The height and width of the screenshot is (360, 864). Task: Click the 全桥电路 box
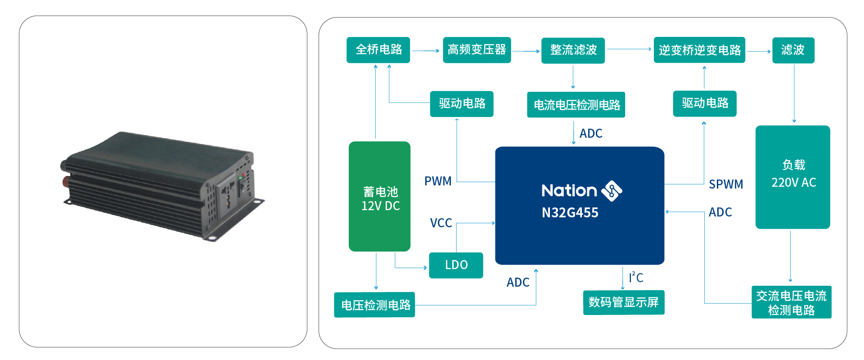[378, 50]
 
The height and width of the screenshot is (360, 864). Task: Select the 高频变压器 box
[477, 50]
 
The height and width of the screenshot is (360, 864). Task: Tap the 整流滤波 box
[573, 50]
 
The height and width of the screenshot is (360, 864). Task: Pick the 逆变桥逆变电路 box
[699, 50]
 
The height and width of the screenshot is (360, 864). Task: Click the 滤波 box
[793, 50]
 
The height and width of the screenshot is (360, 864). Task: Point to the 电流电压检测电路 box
[576, 105]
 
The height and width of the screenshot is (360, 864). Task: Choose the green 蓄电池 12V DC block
[379, 196]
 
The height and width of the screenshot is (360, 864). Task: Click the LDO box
[456, 265]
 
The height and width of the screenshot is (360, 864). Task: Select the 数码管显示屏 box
[624, 302]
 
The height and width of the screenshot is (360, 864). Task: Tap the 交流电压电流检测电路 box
[792, 302]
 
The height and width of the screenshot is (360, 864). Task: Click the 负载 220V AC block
[793, 177]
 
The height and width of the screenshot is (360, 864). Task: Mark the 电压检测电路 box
[374, 305]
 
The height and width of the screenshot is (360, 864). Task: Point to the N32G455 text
[570, 212]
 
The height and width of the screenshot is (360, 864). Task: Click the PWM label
[438, 181]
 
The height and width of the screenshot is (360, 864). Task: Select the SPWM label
[726, 184]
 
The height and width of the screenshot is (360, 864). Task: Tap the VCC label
[441, 223]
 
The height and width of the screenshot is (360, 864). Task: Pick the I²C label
[636, 277]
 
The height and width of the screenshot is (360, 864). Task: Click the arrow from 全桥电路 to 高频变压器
[426, 51]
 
